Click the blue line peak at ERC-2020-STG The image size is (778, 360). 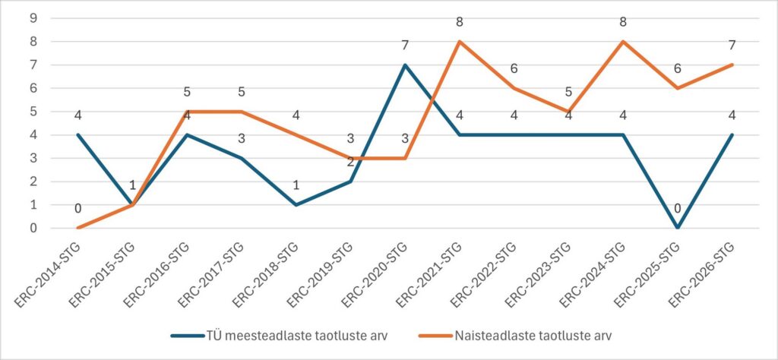(x=405, y=65)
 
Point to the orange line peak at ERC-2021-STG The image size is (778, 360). (x=460, y=42)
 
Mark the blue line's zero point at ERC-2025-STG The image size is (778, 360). (x=678, y=228)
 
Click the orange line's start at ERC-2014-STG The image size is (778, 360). (x=78, y=228)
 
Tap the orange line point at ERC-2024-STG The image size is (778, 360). (x=623, y=42)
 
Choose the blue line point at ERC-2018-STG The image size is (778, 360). (x=296, y=205)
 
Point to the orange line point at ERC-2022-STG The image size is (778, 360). (x=514, y=88)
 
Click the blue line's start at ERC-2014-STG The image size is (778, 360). (x=78, y=135)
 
